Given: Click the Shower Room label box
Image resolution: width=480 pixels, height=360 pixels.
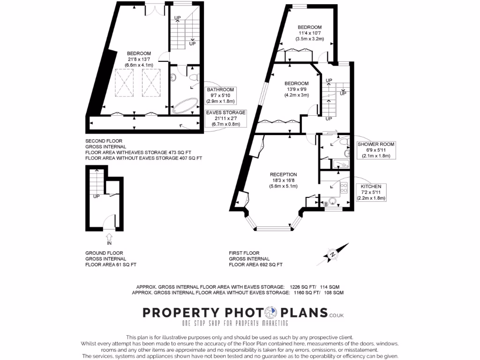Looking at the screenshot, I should (376, 150).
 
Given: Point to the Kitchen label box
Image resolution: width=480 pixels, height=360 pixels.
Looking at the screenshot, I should (371, 192).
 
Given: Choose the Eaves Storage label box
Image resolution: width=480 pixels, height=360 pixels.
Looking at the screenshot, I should (226, 119).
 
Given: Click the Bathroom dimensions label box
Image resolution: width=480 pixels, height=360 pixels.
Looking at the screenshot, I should (220, 95).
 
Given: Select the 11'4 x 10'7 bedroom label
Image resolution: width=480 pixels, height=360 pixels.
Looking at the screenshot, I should (310, 33).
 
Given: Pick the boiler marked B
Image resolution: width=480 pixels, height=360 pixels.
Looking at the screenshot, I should (326, 204).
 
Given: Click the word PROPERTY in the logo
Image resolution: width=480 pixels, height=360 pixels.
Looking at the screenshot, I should (181, 313).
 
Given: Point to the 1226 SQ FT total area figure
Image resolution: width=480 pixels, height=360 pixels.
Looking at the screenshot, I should (300, 286).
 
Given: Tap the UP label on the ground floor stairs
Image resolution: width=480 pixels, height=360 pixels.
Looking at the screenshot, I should (96, 196).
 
